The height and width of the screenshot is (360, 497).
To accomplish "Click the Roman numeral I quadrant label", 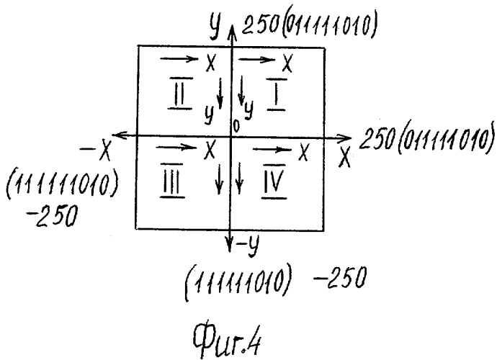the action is coord(277,94).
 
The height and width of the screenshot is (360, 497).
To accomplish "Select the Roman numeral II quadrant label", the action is coord(180,93).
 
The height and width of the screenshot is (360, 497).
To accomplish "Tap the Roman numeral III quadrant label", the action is coord(172,181).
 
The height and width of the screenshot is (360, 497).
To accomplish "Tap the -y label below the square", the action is coord(248,245).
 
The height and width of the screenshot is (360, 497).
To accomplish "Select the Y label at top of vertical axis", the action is coord(215,27).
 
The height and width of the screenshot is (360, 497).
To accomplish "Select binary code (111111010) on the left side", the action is coord(62,184).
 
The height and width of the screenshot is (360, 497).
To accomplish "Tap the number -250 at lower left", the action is coord(53,216).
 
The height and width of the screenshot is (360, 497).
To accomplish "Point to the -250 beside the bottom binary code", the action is coord(340,277).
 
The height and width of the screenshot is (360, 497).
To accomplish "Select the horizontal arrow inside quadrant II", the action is coord(179,59).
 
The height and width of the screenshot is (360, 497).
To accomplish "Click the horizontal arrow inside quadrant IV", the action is coord(272,149).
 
